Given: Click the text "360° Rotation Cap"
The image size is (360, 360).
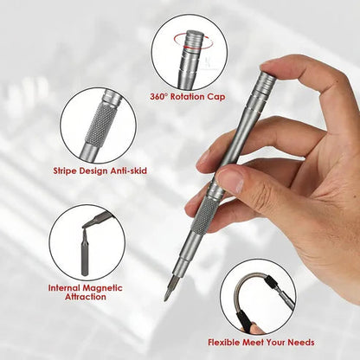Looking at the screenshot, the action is pos(188,97).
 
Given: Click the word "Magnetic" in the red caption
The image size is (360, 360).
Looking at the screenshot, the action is pos(102,288).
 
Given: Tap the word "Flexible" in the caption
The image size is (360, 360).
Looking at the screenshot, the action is pos(224,343).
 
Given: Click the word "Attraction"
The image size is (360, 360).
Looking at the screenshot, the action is pos(86,297).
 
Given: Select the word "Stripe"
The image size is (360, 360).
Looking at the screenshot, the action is pos(65,170).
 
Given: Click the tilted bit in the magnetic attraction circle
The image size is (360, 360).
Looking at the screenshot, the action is pos(97,221).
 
